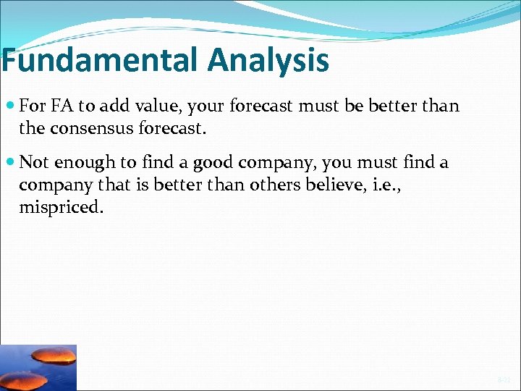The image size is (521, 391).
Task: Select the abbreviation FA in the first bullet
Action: tap(63, 106)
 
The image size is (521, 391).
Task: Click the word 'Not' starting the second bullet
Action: tap(33, 163)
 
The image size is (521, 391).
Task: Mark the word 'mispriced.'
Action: tap(62, 208)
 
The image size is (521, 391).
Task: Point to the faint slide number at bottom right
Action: tap(504, 379)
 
